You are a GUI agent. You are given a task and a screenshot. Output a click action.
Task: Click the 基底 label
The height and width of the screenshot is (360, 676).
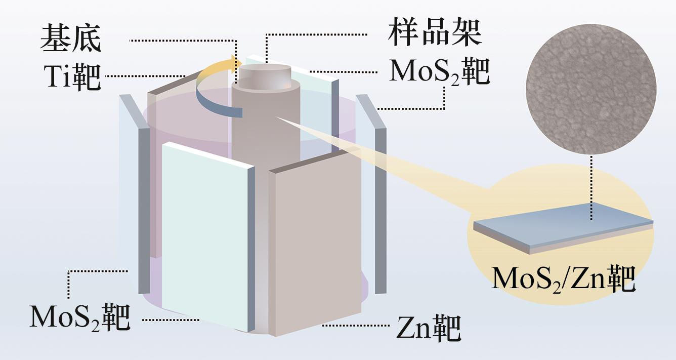pyautogui.click(x=70, y=38)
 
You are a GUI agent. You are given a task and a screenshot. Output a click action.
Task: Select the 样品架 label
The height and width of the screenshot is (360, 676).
pyautogui.click(x=434, y=33)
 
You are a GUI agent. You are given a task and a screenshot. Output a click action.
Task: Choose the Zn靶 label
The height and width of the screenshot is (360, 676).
pyautogui.click(x=428, y=328)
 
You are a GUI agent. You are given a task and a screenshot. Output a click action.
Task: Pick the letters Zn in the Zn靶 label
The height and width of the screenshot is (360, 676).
pyautogui.click(x=412, y=329)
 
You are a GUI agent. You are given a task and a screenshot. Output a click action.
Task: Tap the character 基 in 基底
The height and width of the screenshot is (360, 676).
pyautogui.click(x=55, y=38)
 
